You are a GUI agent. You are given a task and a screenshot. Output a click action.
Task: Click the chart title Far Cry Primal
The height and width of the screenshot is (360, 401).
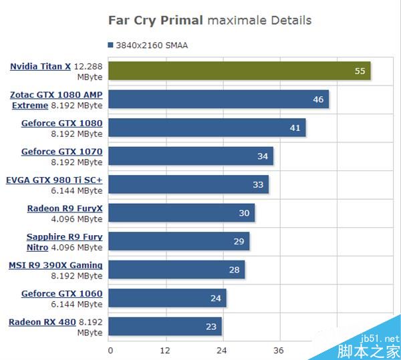[155, 20]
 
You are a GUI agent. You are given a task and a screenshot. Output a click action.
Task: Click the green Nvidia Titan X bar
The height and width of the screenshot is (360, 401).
[239, 71]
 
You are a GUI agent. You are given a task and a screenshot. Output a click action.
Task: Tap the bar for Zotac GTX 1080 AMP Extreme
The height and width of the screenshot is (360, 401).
[218, 100]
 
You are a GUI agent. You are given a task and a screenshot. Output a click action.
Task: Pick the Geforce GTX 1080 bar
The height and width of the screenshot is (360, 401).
[207, 128]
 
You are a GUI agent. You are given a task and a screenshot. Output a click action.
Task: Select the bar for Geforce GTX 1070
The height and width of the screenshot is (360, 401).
[190, 156]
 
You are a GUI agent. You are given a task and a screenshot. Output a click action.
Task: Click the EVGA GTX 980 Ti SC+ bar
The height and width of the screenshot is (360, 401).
[188, 184]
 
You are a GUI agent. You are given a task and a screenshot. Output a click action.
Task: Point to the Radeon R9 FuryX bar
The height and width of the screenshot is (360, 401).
[181, 213]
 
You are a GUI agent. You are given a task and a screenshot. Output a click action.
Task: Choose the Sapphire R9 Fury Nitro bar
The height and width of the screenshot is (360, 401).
[178, 241]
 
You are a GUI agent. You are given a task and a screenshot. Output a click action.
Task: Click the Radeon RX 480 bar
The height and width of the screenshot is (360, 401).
[164, 327]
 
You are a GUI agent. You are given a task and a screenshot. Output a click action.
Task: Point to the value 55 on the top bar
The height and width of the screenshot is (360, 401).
[360, 71]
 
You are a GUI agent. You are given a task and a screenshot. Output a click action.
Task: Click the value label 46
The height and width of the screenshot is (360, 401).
[318, 100]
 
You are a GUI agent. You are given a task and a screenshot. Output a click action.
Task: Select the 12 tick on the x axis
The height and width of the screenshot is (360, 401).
[165, 350]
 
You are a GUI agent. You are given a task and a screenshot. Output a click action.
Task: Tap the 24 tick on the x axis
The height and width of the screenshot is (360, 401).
[221, 350]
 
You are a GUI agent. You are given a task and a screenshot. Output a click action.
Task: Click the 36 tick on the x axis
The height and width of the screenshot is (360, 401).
[278, 350]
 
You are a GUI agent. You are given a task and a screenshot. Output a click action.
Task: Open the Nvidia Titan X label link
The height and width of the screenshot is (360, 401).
[40, 66]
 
